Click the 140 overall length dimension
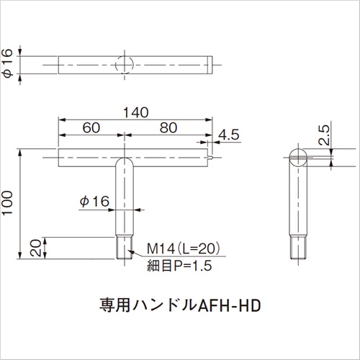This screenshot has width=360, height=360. click(136, 112)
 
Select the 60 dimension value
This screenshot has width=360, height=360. click(91, 127)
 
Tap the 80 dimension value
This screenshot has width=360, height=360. click(168, 127)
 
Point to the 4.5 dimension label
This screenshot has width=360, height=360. click(229, 135)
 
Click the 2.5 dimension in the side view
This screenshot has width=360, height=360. click(324, 135)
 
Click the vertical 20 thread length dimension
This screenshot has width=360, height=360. click(35, 248)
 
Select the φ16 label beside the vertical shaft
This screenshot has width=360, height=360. click(94, 202)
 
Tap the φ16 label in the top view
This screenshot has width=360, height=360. click(7, 63)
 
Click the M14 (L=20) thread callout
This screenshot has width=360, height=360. click(184, 248)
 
